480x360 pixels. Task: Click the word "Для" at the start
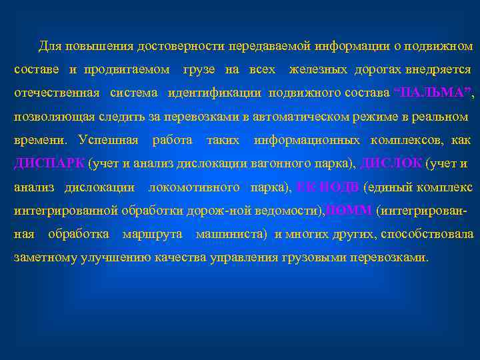(49, 47)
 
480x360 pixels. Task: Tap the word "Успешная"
(108, 140)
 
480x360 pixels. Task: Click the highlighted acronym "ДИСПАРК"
(49, 163)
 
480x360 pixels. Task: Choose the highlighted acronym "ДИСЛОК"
(390, 163)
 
